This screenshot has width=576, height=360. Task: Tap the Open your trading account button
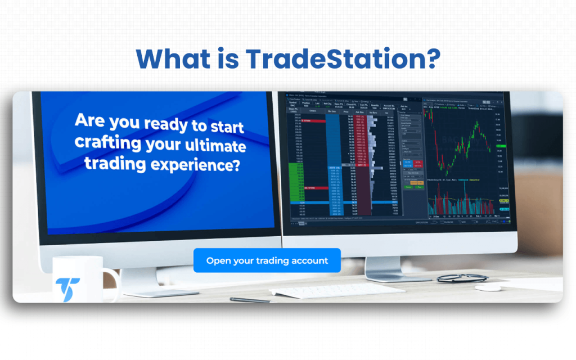(x=267, y=260)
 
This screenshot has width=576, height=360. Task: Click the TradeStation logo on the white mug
(x=67, y=289)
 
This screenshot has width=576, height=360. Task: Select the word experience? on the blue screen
(x=208, y=165)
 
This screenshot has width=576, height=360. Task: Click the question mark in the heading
(x=431, y=58)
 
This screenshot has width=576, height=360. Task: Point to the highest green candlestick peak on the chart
(x=477, y=125)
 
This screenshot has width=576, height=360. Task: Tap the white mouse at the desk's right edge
(x=489, y=287)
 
